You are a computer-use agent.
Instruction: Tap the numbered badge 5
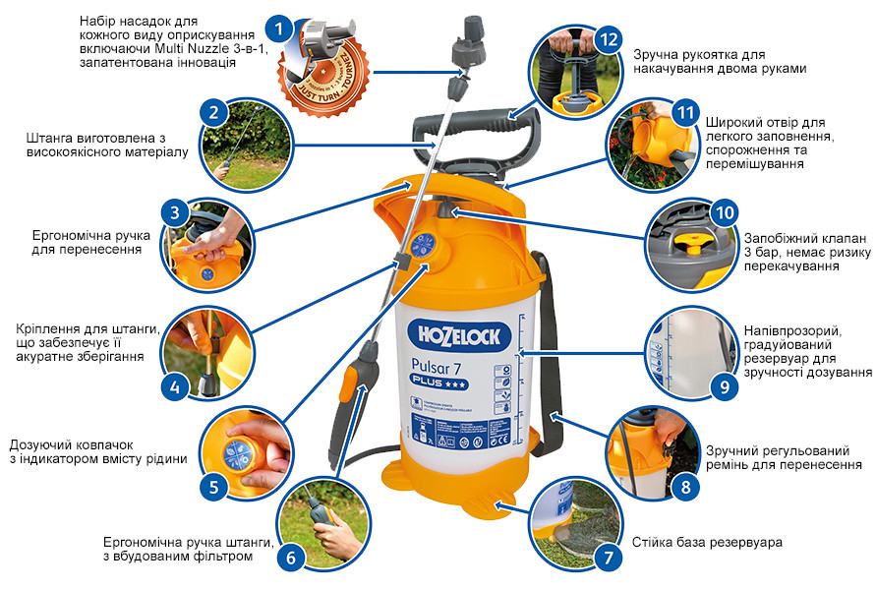(x=213, y=485)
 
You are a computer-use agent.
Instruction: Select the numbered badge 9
(x=725, y=386)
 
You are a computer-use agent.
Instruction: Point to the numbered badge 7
(x=611, y=557)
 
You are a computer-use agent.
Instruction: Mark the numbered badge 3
(x=174, y=212)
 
